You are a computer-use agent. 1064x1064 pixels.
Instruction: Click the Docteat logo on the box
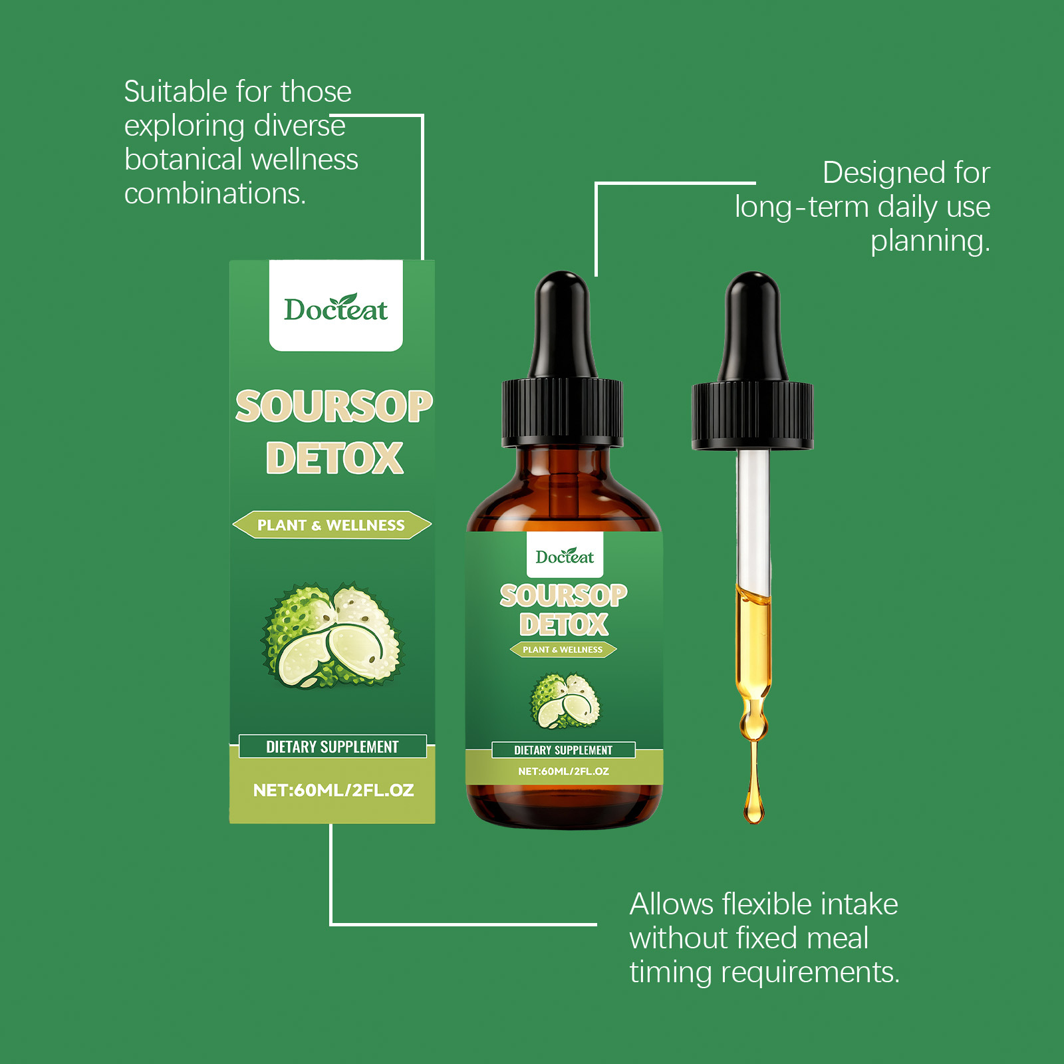click(336, 308)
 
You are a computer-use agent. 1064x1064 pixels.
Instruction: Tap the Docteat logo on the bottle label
click(565, 556)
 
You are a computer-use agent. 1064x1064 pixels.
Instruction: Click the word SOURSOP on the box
click(334, 406)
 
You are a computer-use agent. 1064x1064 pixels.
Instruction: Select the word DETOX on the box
click(334, 458)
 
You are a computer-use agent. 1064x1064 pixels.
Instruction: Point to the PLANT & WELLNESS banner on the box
click(332, 525)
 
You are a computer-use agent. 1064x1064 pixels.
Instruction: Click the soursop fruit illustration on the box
click(332, 635)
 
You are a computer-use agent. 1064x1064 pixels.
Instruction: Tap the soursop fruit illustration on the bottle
click(565, 701)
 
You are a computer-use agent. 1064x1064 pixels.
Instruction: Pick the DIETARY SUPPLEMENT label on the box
click(332, 746)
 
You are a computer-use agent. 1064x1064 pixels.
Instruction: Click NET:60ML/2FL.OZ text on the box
click(333, 790)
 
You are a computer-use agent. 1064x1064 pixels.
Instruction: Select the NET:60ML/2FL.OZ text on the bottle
click(563, 771)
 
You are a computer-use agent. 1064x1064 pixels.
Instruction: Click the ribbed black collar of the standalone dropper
click(752, 416)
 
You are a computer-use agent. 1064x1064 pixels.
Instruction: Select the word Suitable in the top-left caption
click(179, 91)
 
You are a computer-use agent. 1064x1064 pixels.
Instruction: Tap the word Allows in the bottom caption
click(672, 904)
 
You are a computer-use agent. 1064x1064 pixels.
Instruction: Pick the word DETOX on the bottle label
click(564, 624)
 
